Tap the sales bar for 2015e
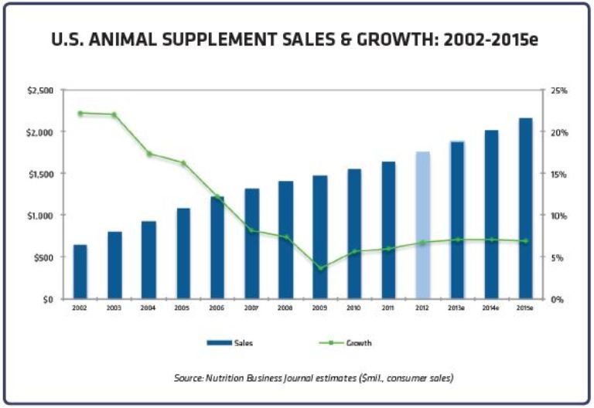(x=525, y=209)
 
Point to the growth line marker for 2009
(x=319, y=268)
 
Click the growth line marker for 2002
(x=80, y=113)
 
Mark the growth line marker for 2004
(x=148, y=154)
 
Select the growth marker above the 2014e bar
(x=491, y=240)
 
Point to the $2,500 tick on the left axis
(x=41, y=90)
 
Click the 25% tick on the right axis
(x=558, y=90)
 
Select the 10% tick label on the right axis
(x=558, y=216)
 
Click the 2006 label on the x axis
(x=217, y=308)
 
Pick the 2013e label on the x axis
(x=457, y=308)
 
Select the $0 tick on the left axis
(x=47, y=299)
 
